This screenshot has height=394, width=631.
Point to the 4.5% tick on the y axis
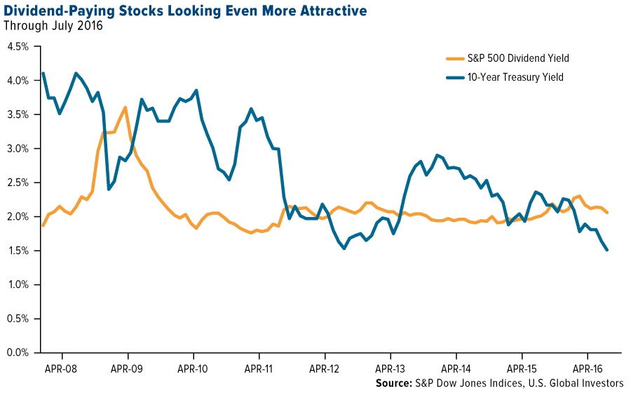pyautogui.click(x=18, y=46)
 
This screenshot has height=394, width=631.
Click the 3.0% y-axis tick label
pyautogui.click(x=18, y=149)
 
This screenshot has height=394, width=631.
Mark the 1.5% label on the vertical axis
pyautogui.click(x=18, y=251)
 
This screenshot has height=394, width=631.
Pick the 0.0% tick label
pyautogui.click(x=18, y=353)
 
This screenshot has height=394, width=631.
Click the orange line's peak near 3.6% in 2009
pyautogui.click(x=125, y=107)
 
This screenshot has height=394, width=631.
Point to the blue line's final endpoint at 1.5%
pyautogui.click(x=606, y=250)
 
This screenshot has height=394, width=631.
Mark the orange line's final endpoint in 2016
pyautogui.click(x=606, y=213)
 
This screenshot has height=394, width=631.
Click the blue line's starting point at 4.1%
pyautogui.click(x=43, y=74)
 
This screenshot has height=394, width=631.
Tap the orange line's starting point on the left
pyautogui.click(x=43, y=225)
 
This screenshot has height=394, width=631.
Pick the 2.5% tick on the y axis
pyautogui.click(x=18, y=183)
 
